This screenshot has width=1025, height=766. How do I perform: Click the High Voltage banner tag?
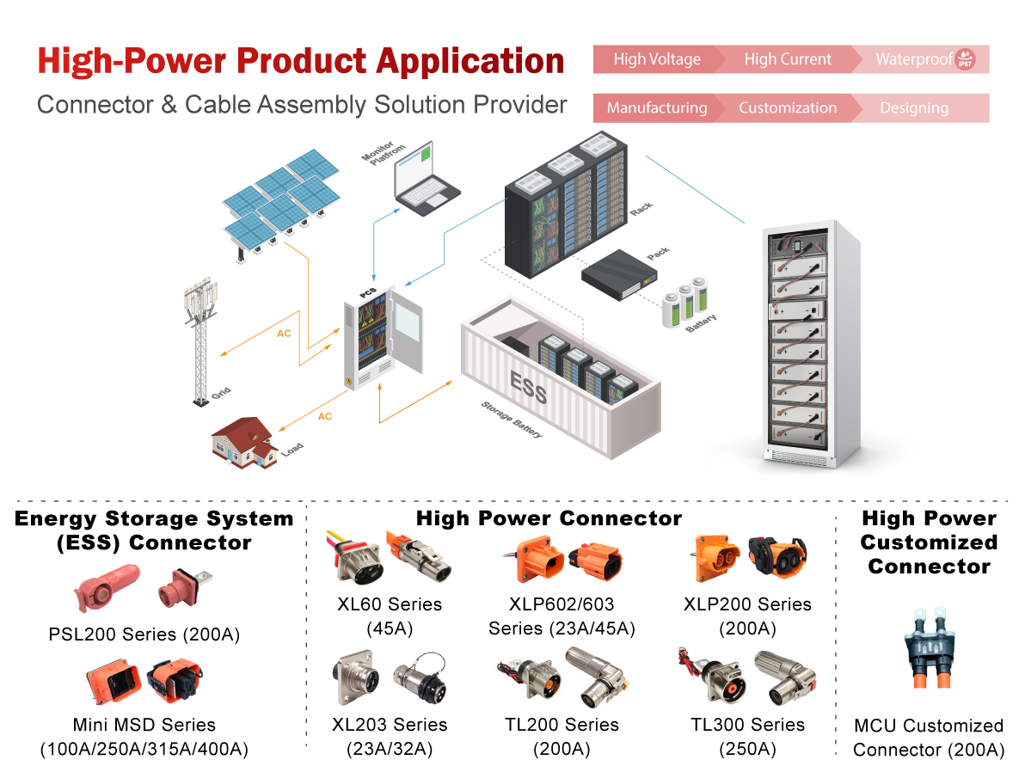point(657,59)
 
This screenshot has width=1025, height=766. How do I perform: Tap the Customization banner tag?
point(788,107)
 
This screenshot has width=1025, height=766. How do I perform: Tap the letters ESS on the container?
point(528,388)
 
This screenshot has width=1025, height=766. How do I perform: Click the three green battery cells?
point(685,301)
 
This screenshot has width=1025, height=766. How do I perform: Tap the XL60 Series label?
point(390,604)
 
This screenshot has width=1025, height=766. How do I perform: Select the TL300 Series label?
point(747,725)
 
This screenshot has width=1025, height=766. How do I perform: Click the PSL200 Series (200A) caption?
point(144,635)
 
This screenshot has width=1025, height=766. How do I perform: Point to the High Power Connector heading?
point(549,518)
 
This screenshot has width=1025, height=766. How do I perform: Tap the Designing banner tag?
point(914,107)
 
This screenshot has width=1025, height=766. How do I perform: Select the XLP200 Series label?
point(747,604)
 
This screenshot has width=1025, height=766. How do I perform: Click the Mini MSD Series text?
point(144,725)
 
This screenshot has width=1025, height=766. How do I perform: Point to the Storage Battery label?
point(512,420)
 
